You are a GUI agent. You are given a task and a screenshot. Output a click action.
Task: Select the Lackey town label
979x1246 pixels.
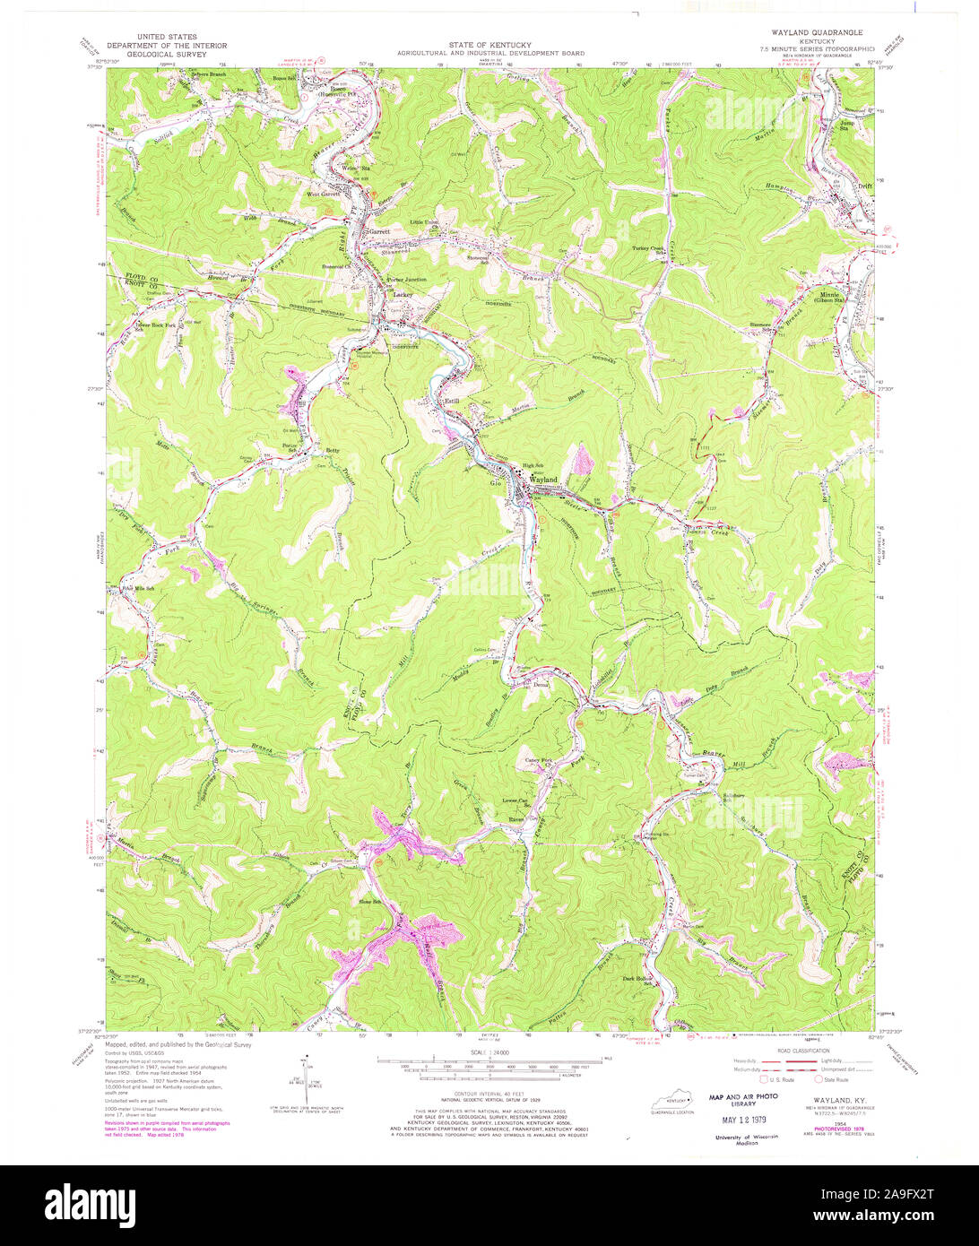pyautogui.click(x=401, y=292)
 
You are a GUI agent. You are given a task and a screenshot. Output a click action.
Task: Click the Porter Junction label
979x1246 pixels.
pyautogui.click(x=406, y=280)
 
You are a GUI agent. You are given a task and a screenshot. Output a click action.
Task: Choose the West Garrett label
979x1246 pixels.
pyautogui.click(x=324, y=194)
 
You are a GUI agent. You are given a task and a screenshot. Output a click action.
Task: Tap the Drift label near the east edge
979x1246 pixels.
pyautogui.click(x=864, y=186)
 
